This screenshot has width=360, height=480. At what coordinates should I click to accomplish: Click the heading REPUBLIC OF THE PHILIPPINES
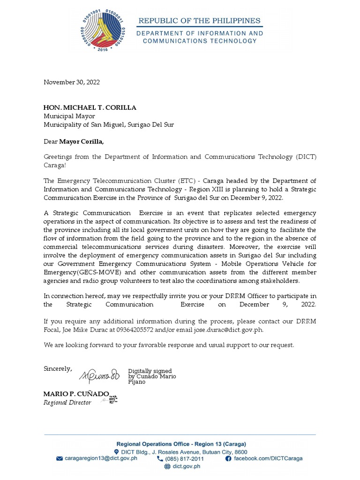pyautogui.click(x=199, y=21)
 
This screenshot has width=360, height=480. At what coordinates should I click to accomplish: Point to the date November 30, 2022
pyautogui.click(x=72, y=82)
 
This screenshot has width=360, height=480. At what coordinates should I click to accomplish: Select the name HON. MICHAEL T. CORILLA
pyautogui.click(x=90, y=108)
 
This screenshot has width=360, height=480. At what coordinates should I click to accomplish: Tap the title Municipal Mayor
pyautogui.click(x=69, y=116)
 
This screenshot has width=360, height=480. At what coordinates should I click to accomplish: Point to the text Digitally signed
pyautogui.click(x=150, y=371)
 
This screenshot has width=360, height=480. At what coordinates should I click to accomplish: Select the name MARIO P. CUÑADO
pyautogui.click(x=76, y=394)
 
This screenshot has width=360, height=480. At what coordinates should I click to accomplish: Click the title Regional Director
pyautogui.click(x=67, y=403)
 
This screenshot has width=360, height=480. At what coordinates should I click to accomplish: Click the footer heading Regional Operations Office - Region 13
pyautogui.click(x=180, y=443)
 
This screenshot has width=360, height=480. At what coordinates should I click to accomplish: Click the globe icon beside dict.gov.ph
pyautogui.click(x=167, y=466)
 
